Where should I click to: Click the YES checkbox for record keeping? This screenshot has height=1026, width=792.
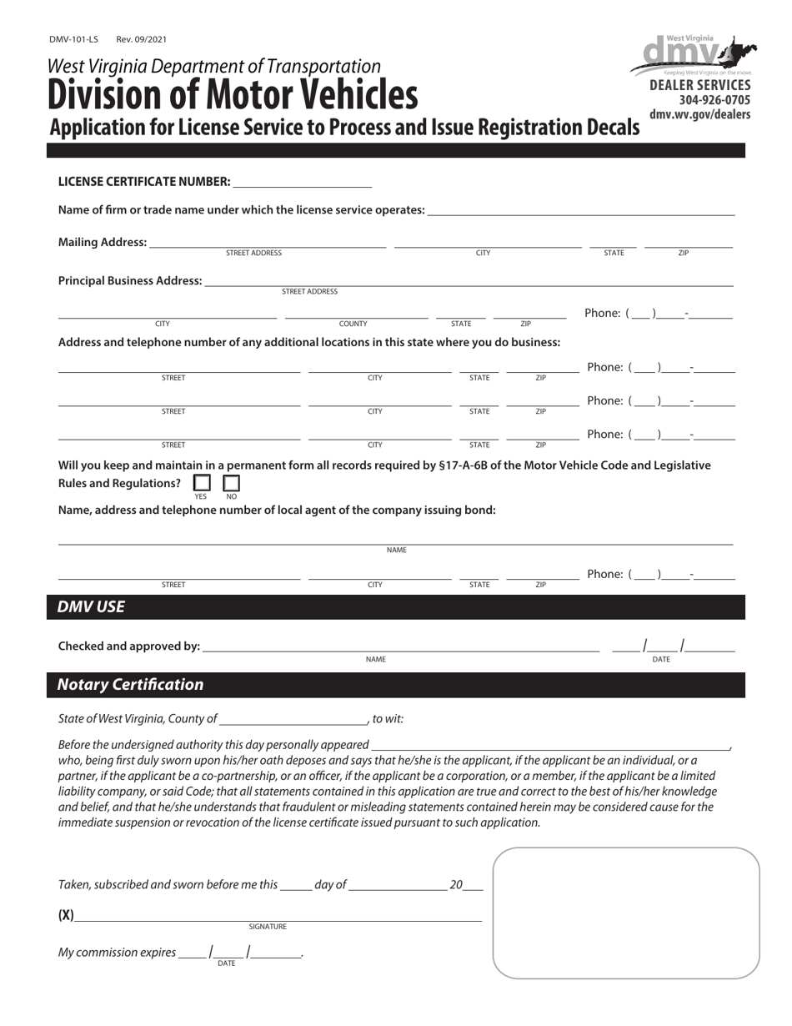point(202,483)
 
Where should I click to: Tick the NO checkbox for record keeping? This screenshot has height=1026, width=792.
point(231,483)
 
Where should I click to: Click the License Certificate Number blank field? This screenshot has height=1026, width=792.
point(303,181)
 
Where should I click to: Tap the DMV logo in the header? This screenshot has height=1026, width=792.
point(689,56)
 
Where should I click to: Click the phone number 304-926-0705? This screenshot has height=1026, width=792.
point(703,100)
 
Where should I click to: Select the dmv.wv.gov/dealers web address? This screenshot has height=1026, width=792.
point(699,114)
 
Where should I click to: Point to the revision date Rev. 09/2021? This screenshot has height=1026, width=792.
point(142,39)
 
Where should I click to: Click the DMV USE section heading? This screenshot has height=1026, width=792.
point(91,607)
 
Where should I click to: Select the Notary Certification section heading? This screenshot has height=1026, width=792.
point(130,685)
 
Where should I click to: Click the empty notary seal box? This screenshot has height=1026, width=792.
point(626,913)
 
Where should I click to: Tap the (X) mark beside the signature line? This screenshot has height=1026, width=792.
point(66,915)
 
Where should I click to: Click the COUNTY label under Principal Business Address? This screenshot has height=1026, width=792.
point(353,324)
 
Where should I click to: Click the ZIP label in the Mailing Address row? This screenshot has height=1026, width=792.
point(684,253)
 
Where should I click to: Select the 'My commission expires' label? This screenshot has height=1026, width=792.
point(117,953)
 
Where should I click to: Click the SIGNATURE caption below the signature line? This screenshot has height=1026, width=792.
point(268,927)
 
